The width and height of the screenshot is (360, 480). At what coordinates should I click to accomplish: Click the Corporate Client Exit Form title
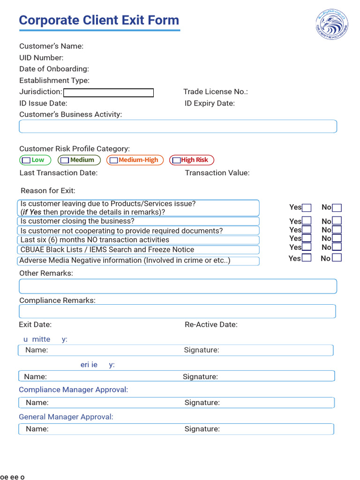point(99,21)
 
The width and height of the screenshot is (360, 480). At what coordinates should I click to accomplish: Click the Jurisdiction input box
point(108,93)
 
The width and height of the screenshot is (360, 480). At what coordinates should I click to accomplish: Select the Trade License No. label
point(215,92)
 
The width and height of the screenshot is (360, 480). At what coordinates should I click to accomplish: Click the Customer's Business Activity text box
point(178,127)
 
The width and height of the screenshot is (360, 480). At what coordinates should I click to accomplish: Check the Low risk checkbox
point(27,160)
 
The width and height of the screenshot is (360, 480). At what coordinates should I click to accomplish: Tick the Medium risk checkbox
point(65,160)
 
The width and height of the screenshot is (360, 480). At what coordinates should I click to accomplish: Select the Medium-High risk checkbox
point(113,160)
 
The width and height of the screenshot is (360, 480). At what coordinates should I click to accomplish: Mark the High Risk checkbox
point(176,160)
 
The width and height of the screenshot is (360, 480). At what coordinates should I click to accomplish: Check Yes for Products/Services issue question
point(307,208)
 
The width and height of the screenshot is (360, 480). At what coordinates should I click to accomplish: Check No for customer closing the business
point(337,221)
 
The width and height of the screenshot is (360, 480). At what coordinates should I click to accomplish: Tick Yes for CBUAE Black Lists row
point(307,247)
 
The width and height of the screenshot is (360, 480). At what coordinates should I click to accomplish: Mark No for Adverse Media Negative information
point(337,258)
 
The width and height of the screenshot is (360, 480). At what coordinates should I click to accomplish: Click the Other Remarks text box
point(178,286)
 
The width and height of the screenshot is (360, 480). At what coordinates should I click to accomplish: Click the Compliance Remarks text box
point(177,311)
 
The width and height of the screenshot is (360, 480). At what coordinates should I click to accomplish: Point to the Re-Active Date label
point(211,324)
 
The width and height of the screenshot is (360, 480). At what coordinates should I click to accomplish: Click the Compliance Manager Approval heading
point(74,390)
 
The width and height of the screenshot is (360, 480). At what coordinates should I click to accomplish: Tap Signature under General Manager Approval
point(202,429)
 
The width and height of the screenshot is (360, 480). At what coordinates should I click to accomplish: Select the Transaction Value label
point(217,173)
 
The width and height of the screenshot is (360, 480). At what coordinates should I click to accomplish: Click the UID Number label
point(41,58)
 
